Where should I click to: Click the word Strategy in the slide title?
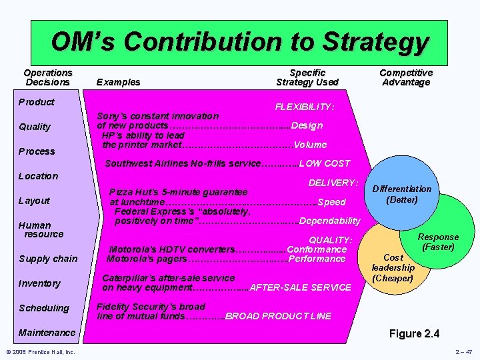pos(376,42)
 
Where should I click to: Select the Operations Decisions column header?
pos(47,77)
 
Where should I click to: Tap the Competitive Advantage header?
pos(406,77)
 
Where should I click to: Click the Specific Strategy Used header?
pos(307,77)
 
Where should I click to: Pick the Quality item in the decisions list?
pos(35,127)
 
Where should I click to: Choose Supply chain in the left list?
pos(48,259)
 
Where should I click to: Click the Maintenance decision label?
pos(47,333)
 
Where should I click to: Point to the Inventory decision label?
pos(39,283)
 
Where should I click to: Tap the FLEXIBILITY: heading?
pos(305,107)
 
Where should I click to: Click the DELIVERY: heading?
pos(333,182)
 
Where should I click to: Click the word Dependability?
pos(330,221)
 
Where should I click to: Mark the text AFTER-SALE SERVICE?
pos(300,287)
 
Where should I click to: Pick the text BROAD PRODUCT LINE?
pos(278,316)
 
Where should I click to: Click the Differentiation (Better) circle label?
pos(401,194)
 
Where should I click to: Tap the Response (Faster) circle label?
pos(438,242)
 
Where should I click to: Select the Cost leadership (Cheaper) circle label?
pos(393,267)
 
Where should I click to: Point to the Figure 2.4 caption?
pos(413,333)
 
